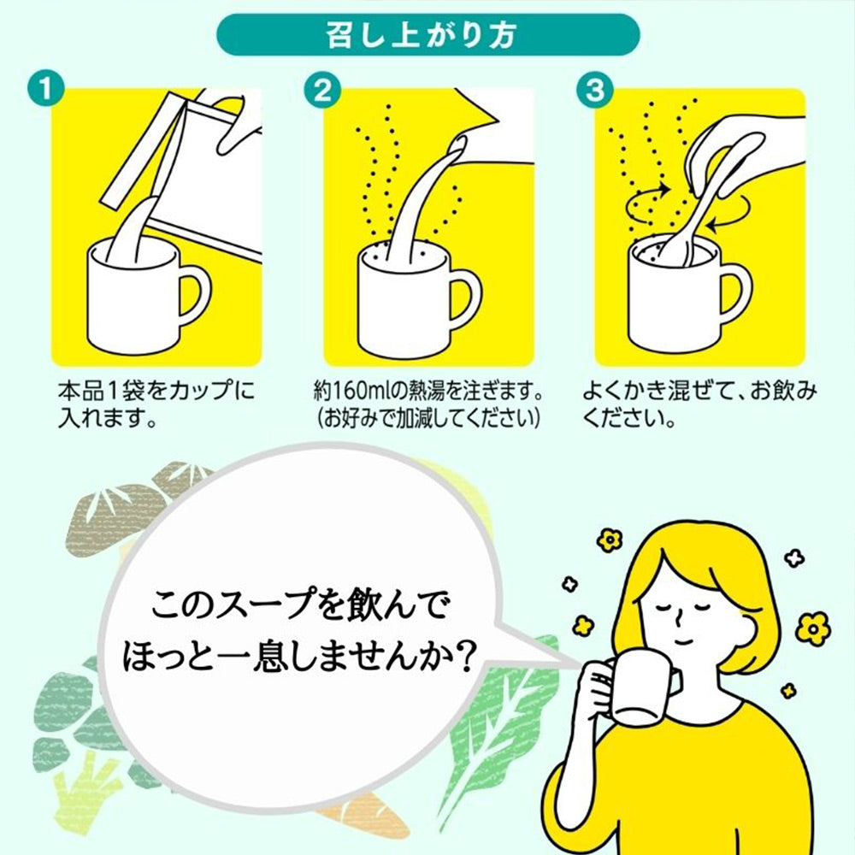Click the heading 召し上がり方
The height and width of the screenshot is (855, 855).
pyautogui.click(x=421, y=36)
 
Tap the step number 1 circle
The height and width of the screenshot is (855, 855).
pyautogui.click(x=46, y=89)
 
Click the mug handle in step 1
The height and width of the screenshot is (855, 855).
pyautogui.click(x=198, y=298)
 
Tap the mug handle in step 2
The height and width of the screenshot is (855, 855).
pyautogui.click(x=469, y=298)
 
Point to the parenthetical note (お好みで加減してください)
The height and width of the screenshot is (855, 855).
pyautogui.click(x=428, y=418)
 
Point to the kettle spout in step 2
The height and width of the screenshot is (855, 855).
pyautogui.click(x=459, y=144)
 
